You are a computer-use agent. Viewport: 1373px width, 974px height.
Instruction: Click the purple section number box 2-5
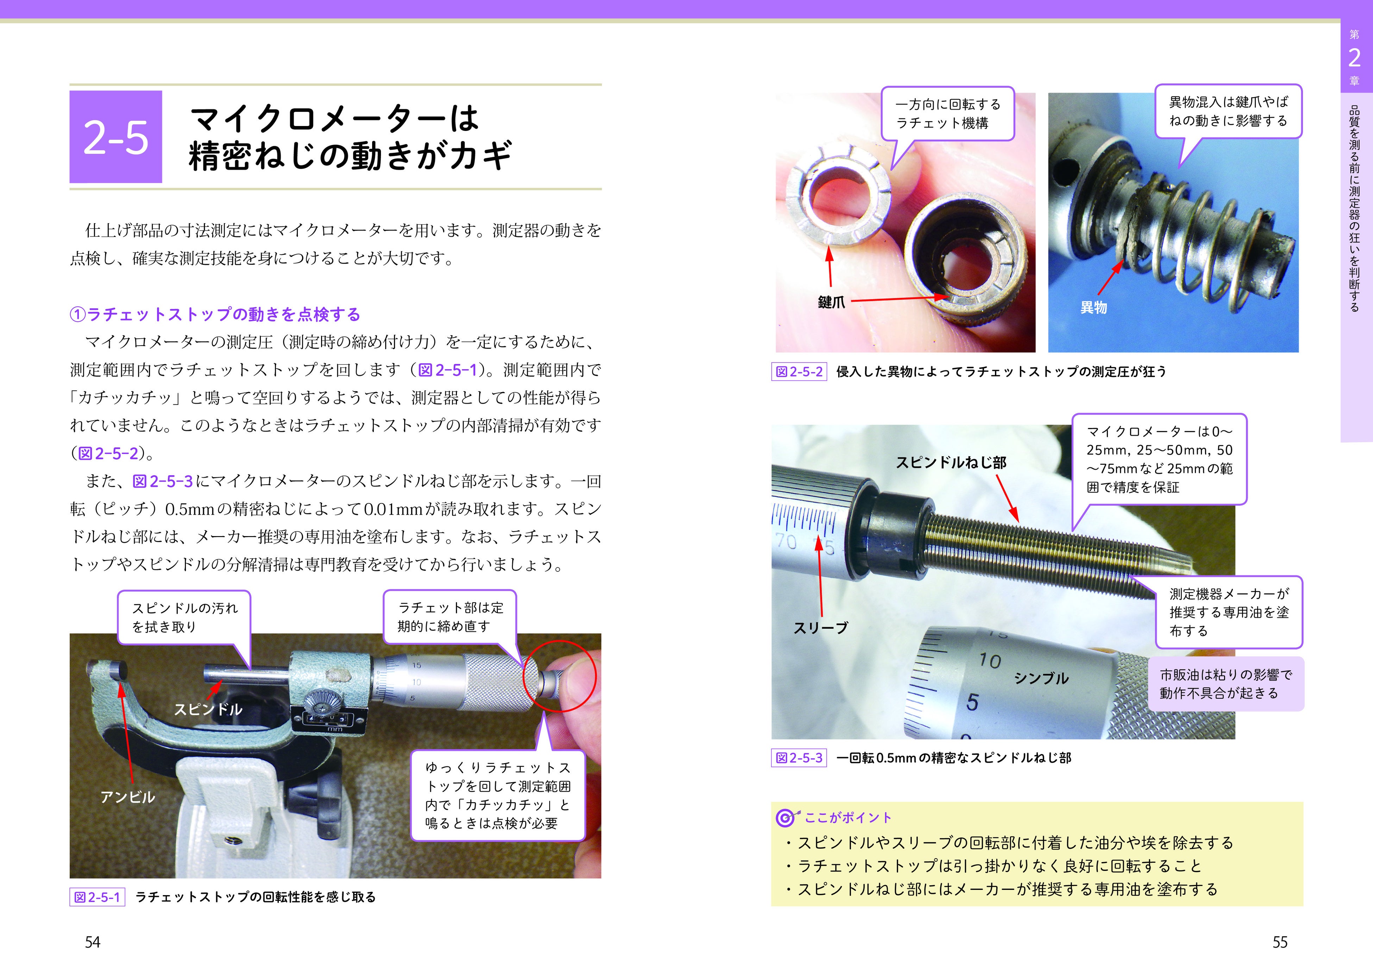coord(116,137)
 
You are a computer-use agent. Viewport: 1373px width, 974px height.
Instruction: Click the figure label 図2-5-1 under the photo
coord(97,897)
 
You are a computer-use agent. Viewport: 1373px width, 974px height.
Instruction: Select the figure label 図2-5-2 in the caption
coord(799,372)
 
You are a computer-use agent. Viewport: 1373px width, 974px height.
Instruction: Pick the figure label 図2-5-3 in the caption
coord(799,758)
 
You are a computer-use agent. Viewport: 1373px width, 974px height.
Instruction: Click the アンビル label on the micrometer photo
coord(128,797)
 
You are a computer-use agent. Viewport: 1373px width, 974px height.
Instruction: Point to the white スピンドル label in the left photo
coord(208,710)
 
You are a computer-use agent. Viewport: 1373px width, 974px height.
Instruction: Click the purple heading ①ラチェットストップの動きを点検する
coord(215,314)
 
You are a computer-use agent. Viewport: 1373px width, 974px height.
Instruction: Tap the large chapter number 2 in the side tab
coord(1354,58)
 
